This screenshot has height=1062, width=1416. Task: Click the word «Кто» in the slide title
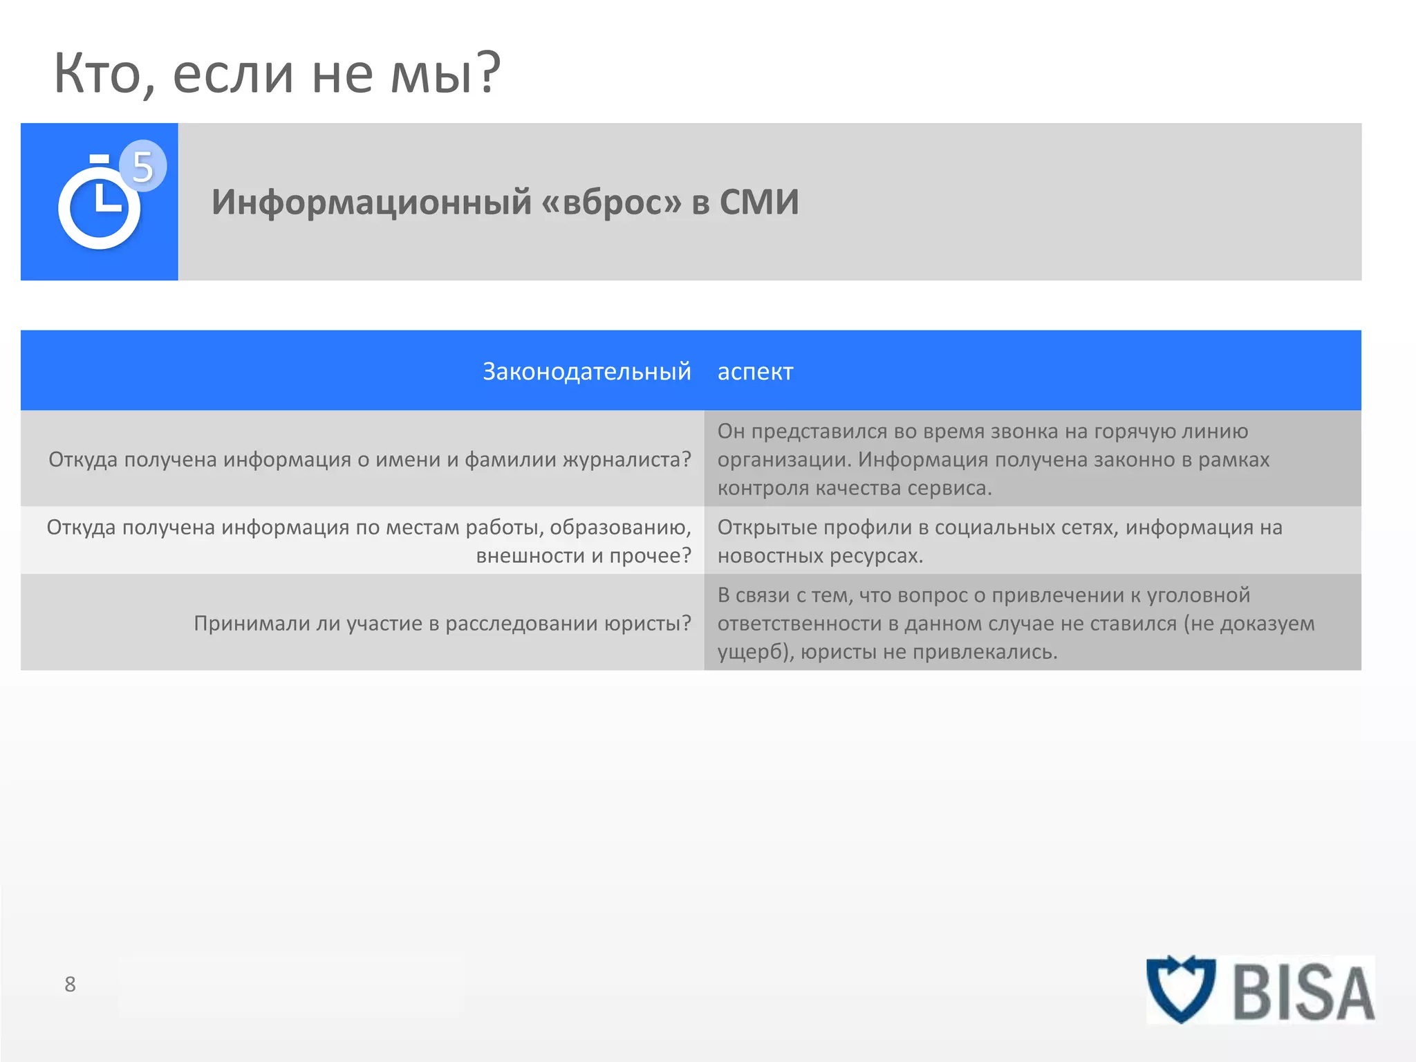pyautogui.click(x=97, y=73)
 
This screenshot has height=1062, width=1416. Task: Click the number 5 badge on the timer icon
pyautogui.click(x=142, y=166)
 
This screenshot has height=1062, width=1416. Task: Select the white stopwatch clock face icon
pyautogui.click(x=100, y=207)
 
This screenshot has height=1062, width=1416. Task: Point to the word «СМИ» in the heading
pyautogui.click(x=758, y=202)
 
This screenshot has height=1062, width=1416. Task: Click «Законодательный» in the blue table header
pyautogui.click(x=586, y=371)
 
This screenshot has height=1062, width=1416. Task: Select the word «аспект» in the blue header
pyautogui.click(x=755, y=372)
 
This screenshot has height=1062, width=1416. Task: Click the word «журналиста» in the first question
pyautogui.click(x=626, y=459)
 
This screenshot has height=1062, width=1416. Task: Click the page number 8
pyautogui.click(x=70, y=984)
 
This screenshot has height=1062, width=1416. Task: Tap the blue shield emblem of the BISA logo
pyautogui.click(x=1181, y=989)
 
